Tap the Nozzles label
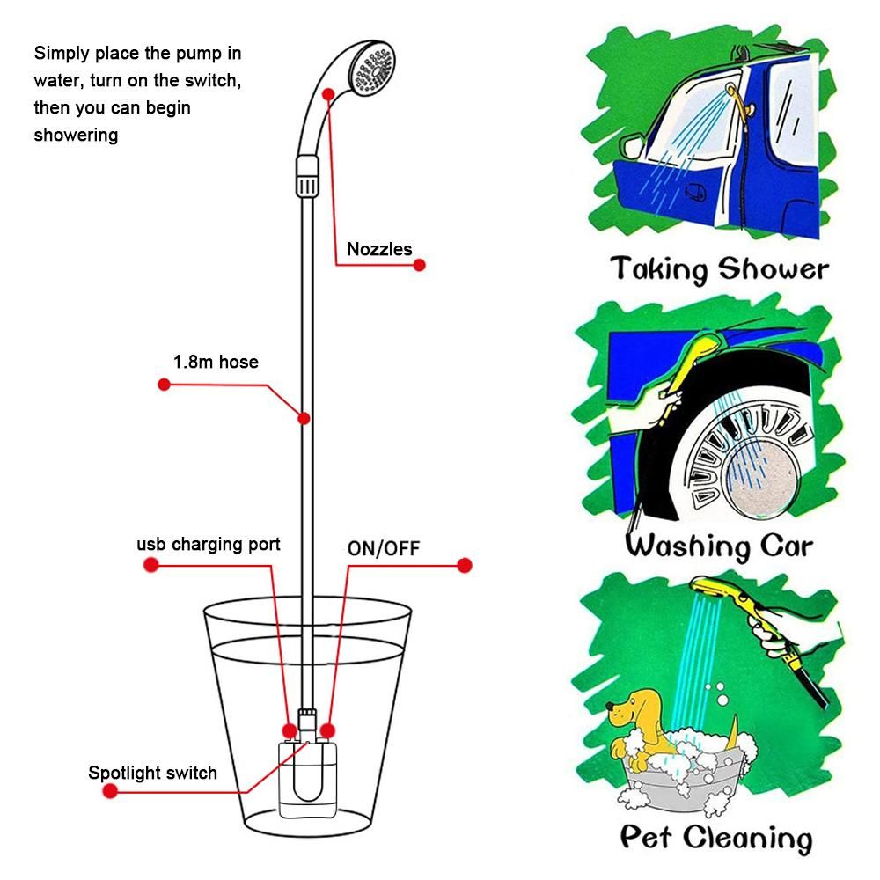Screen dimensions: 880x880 tap(379, 249)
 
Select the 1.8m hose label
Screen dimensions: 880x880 tap(216, 362)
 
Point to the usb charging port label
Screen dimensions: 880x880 tap(209, 545)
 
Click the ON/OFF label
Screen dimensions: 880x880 tap(384, 548)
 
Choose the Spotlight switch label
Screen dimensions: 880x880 tap(152, 773)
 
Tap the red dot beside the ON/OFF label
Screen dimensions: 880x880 tap(464, 565)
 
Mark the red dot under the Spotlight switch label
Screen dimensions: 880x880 tap(110, 791)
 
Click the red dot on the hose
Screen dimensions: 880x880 tap(304, 418)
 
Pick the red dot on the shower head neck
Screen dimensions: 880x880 tap(328, 94)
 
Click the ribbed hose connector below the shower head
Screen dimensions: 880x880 tap(307, 176)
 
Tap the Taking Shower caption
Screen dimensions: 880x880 tap(719, 268)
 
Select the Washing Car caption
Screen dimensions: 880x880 tap(719, 546)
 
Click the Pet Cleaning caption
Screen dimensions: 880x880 tap(716, 838)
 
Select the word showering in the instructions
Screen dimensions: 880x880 tap(76, 136)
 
